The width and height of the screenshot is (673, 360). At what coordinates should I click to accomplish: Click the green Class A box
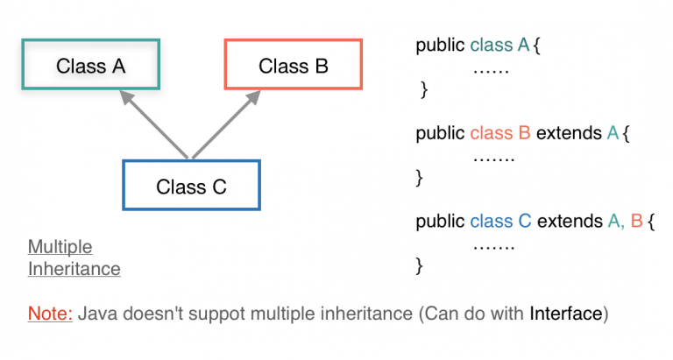[x=91, y=65]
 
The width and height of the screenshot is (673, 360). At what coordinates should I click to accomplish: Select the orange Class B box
[x=294, y=65]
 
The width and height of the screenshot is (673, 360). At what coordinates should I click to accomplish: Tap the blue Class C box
[x=191, y=185]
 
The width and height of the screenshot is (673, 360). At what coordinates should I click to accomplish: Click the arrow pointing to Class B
[x=224, y=126]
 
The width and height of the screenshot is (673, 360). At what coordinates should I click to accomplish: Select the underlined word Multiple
[x=60, y=246]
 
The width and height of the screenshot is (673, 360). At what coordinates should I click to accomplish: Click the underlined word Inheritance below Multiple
[x=74, y=268]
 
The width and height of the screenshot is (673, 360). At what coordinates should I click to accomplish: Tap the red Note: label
[x=50, y=313]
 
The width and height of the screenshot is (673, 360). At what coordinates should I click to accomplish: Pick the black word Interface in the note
[x=566, y=313]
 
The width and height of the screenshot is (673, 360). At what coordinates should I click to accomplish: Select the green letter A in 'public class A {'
[x=523, y=46]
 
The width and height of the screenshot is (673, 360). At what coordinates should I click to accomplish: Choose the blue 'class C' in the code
[x=500, y=221]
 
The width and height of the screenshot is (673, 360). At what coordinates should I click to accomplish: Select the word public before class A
[x=440, y=46]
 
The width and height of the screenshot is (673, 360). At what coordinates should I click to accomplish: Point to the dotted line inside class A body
[x=491, y=68]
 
